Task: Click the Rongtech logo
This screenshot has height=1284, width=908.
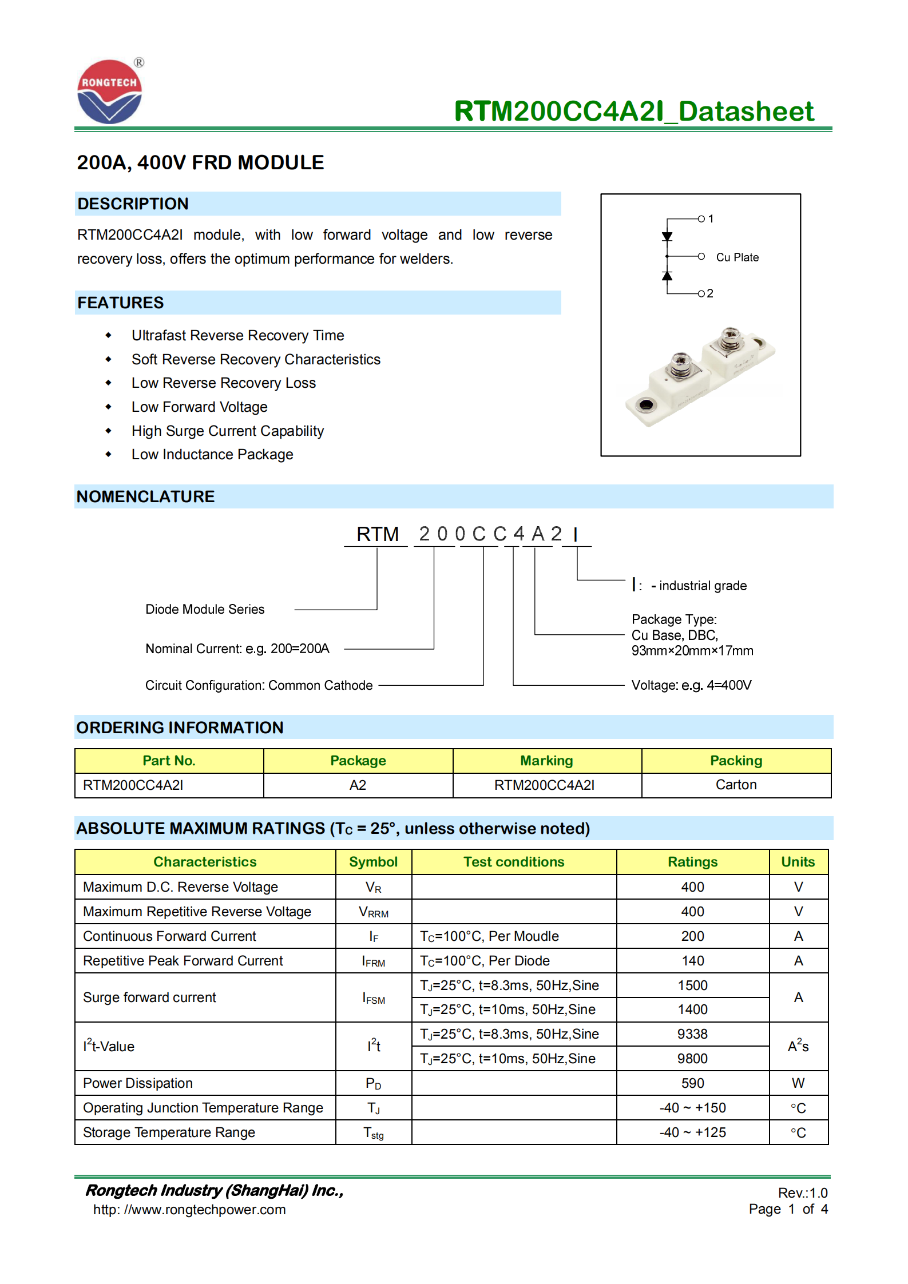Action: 109,92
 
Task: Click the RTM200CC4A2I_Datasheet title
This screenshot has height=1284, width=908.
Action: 633,111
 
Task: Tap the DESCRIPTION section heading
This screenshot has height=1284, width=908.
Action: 133,204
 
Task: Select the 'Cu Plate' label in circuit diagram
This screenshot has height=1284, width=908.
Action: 737,257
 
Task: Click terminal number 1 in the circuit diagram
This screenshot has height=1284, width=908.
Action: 711,218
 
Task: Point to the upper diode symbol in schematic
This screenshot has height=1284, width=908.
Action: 667,236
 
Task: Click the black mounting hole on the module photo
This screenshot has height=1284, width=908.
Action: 645,405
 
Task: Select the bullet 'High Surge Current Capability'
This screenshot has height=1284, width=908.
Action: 227,431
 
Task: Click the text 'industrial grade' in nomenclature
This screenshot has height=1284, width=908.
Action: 702,586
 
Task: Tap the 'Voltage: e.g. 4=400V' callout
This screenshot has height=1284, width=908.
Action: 691,685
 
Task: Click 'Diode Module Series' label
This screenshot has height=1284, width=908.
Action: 205,609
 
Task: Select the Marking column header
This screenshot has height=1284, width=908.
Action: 546,761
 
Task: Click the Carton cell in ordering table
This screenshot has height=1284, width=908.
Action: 736,785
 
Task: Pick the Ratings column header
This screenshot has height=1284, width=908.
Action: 692,862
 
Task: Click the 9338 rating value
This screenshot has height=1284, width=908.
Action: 692,1034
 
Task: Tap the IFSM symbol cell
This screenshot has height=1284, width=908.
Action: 374,998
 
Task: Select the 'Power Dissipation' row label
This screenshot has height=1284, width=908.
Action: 138,1083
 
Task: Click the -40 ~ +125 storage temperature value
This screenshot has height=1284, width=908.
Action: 692,1132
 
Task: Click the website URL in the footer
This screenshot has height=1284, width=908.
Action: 189,1210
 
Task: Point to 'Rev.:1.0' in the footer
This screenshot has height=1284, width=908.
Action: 802,1193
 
